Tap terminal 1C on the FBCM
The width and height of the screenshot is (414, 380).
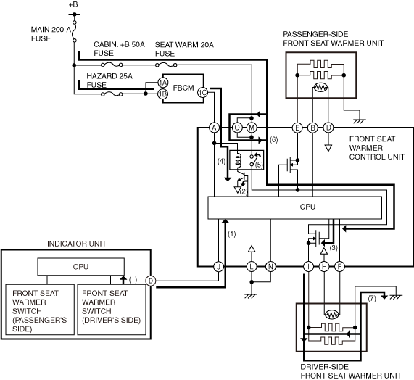203,92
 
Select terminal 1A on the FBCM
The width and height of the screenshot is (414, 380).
163,83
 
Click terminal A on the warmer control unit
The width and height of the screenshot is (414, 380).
214,128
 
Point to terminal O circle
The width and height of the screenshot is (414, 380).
237,128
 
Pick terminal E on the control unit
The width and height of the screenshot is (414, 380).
297,128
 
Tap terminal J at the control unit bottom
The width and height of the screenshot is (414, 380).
219,267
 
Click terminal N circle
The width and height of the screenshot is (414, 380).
270,267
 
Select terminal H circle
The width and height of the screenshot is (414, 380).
324,267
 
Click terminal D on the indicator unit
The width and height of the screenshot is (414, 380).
151,281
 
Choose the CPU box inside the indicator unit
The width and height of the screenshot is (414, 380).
80,267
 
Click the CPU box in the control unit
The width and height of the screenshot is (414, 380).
295,207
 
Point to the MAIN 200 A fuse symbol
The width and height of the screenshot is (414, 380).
75,31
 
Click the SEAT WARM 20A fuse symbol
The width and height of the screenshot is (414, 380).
166,65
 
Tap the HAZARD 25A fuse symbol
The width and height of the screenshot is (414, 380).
112,94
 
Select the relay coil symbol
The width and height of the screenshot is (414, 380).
238,160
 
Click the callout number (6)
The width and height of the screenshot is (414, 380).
274,140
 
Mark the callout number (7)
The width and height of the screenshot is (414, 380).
372,298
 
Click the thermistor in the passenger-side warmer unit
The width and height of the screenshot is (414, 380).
320,88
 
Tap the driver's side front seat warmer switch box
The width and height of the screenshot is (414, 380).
112,310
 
